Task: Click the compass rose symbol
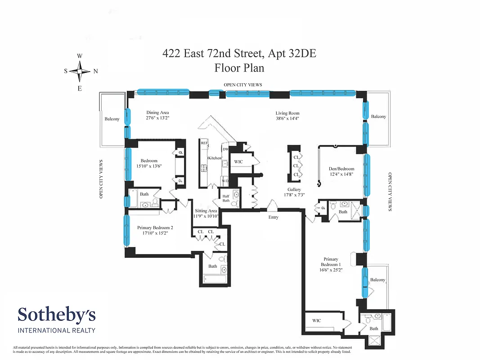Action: coord(80,71)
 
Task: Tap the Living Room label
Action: coord(287,113)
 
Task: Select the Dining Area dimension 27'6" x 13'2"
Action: coord(157,118)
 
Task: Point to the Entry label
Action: coord(273,217)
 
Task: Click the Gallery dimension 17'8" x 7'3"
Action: coord(294,195)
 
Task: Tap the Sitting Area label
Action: coord(206,211)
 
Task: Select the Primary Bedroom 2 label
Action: coord(155,228)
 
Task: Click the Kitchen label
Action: coord(215,158)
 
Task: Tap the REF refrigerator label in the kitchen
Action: coord(204,142)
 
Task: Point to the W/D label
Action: coord(224,181)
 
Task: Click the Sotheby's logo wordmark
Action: coord(57,315)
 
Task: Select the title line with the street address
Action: coord(239,54)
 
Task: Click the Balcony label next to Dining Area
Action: coord(112,119)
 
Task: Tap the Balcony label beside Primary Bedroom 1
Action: coord(377,280)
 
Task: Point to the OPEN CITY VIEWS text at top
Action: coord(243,85)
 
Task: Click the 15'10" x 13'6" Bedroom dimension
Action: coord(149,166)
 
